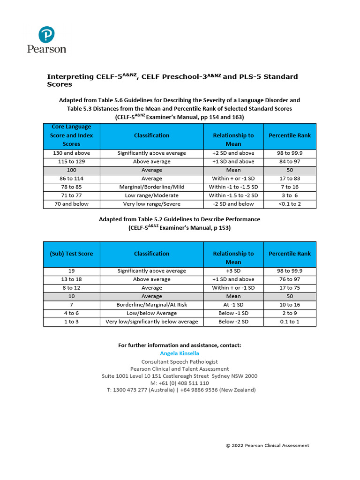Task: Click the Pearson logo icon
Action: (x=46, y=34)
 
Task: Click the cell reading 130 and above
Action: (x=71, y=153)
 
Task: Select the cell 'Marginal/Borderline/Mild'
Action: (x=151, y=187)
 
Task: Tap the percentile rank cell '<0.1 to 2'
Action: (x=290, y=204)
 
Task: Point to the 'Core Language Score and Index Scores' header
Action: (x=71, y=135)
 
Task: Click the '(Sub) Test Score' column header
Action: (x=71, y=254)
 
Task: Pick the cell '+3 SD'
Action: (x=233, y=271)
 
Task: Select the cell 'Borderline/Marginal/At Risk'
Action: (x=151, y=305)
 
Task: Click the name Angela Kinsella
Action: (x=180, y=353)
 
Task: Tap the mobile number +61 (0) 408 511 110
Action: (x=180, y=383)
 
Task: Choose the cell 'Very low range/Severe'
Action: (x=151, y=204)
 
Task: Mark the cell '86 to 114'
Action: (x=71, y=179)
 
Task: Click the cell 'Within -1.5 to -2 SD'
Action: (x=233, y=195)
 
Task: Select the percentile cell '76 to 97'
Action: (x=290, y=279)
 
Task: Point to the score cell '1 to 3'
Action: (x=71, y=322)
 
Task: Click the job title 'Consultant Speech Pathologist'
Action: (x=180, y=362)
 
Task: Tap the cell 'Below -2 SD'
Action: (x=233, y=322)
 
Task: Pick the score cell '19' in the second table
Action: (x=71, y=271)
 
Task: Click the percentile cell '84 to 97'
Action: (x=290, y=162)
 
